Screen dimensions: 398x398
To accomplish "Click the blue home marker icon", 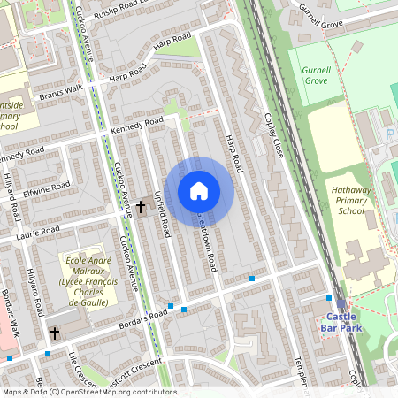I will pos(199,191).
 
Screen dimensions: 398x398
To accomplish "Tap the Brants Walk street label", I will pos(59,90).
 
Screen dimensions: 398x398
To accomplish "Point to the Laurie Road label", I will pos(37,233).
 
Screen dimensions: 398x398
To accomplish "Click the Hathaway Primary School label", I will pos(339,200).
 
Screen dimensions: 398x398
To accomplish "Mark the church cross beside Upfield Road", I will pos(141,207).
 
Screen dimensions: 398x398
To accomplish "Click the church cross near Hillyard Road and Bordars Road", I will pos(55,333).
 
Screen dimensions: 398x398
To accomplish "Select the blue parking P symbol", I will pos(390,134).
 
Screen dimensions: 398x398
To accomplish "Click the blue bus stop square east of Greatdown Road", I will pos(252,279).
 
